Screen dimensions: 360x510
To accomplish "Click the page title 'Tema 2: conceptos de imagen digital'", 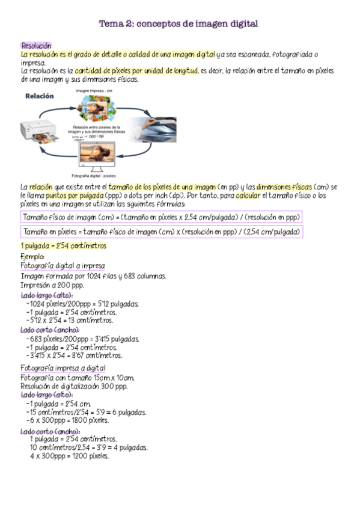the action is pos(178,24).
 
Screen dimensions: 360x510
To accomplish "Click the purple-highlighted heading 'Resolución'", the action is pos(36,46).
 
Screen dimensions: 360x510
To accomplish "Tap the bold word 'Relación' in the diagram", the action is pos(39,96).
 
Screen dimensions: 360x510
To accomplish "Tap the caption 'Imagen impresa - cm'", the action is pos(94,91).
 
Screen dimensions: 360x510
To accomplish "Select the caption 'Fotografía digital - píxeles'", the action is pos(93,176).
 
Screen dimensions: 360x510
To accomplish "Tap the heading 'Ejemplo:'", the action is pos(33,257).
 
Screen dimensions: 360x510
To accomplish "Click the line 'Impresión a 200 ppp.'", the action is pos(51,286).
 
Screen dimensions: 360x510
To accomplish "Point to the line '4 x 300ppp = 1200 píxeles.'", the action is pos(69,456).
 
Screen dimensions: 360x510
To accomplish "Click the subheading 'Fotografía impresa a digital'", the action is pos(63,368).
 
